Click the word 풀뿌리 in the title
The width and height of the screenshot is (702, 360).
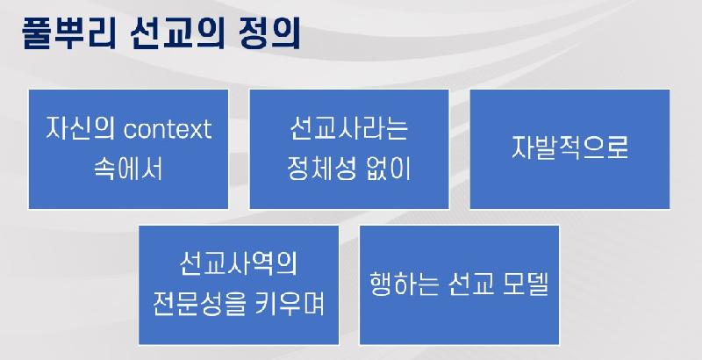(69, 32)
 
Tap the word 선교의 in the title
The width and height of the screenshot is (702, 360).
(178, 32)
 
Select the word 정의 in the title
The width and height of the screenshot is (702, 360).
(269, 32)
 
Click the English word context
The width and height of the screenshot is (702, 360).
(167, 129)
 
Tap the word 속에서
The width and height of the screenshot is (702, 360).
(128, 169)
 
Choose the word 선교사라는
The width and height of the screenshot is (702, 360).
(348, 128)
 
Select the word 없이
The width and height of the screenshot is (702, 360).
(388, 169)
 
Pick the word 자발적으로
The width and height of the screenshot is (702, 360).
(569, 147)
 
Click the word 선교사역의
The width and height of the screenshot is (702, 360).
(238, 264)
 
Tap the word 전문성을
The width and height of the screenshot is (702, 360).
(200, 305)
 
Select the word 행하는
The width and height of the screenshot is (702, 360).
(405, 284)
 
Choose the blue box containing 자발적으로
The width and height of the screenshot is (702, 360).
(569, 149)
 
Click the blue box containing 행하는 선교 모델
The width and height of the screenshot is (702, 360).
(459, 285)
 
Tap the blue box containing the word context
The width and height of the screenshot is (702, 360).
(128, 149)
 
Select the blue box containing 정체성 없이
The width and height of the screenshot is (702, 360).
(349, 149)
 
